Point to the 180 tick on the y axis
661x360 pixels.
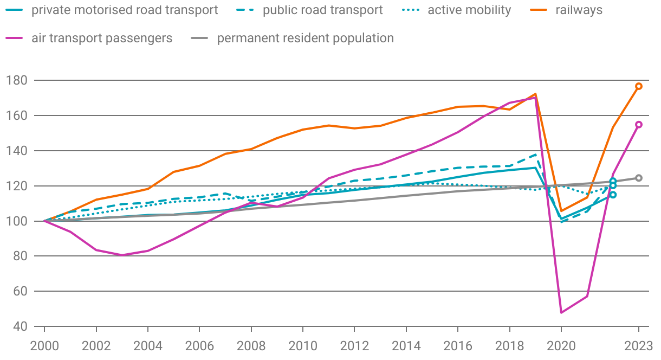pyautogui.click(x=17, y=80)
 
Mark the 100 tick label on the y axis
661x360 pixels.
pyautogui.click(x=17, y=221)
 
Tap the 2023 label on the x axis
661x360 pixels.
pyautogui.click(x=639, y=345)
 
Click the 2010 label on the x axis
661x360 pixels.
pyautogui.click(x=303, y=345)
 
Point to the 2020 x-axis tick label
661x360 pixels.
pyautogui.click(x=561, y=345)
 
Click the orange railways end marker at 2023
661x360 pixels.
pyautogui.click(x=639, y=86)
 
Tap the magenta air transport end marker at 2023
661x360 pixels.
pyautogui.click(x=639, y=125)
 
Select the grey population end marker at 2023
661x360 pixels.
pyautogui.click(x=639, y=178)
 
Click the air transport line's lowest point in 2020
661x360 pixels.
pyautogui.click(x=561, y=312)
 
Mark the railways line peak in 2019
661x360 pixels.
pyautogui.click(x=535, y=94)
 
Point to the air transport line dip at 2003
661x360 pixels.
pyautogui.click(x=122, y=255)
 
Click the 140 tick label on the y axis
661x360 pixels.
pyautogui.click(x=17, y=151)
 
